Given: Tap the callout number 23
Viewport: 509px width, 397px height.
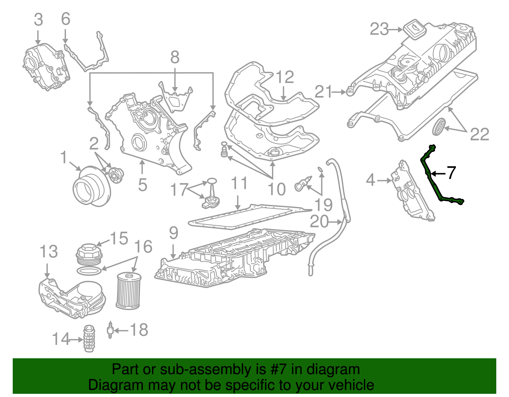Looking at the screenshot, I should click(x=379, y=30).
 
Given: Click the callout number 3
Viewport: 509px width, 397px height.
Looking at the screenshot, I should click(x=38, y=20).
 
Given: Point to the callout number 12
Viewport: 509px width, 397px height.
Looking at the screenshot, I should click(x=285, y=77).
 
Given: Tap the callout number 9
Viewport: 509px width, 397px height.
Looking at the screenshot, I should click(x=173, y=233).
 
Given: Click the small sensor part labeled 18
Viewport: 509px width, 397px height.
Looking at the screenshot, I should click(x=110, y=330).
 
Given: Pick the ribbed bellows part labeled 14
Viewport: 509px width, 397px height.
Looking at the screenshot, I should click(x=89, y=339).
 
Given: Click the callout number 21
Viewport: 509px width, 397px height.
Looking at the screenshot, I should click(x=323, y=92).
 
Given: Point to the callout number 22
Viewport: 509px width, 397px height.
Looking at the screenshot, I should click(x=479, y=134).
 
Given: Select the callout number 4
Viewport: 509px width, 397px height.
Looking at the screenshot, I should click(x=371, y=180).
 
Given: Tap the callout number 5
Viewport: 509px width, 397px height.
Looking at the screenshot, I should click(x=142, y=185).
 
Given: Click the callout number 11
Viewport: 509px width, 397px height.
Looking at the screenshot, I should click(x=239, y=183).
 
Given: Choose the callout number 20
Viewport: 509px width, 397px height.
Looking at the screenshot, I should click(x=319, y=222).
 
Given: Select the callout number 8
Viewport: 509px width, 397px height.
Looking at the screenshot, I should click(x=175, y=58).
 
